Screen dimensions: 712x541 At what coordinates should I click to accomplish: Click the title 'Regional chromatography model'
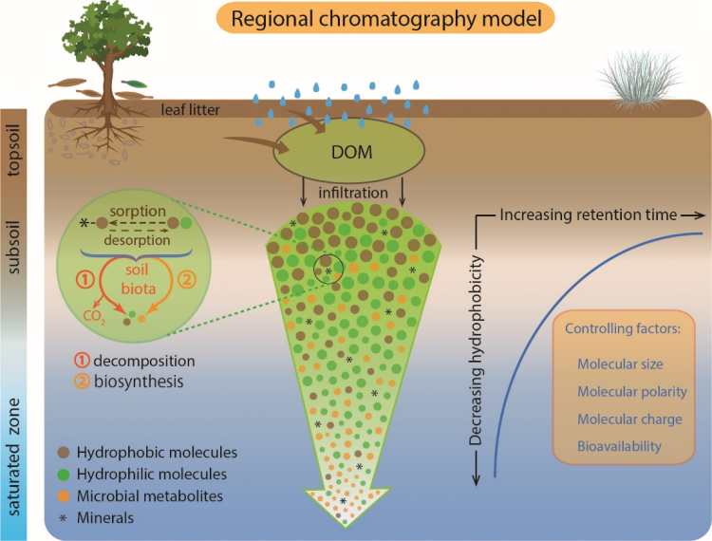click(x=386, y=19)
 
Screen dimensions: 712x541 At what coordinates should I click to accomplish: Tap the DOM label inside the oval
click(x=352, y=152)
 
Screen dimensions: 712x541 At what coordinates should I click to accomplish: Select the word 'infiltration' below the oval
click(x=353, y=193)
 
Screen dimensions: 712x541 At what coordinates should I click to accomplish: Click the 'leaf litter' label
click(x=190, y=110)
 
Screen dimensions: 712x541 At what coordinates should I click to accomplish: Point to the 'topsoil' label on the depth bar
click(x=13, y=150)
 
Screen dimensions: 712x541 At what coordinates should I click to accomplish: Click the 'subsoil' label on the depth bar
click(x=13, y=248)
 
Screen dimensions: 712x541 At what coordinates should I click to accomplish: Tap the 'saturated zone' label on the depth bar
click(x=13, y=457)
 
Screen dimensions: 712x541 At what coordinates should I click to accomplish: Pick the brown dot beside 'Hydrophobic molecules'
click(x=64, y=453)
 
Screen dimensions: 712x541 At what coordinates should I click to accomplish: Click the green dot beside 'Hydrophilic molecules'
click(x=64, y=475)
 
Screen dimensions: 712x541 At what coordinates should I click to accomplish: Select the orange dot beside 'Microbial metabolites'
click(x=64, y=496)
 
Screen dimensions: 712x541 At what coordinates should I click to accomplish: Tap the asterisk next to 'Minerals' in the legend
click(x=63, y=518)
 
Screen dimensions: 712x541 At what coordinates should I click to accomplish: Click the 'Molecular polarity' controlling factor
click(x=632, y=392)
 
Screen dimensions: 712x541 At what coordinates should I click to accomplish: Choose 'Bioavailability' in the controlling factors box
click(x=619, y=446)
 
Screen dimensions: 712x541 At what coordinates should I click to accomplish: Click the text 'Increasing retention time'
click(x=588, y=215)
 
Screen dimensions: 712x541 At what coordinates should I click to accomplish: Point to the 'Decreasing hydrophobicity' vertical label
click(x=476, y=349)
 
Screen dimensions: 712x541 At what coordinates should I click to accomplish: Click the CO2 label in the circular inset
click(x=94, y=317)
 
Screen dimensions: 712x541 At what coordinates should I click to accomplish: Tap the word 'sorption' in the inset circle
click(x=138, y=212)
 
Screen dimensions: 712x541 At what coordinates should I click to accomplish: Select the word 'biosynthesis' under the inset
click(x=139, y=382)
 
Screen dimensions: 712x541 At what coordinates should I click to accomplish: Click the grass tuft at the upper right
click(x=641, y=81)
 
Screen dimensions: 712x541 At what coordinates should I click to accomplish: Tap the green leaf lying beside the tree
click(x=135, y=84)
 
